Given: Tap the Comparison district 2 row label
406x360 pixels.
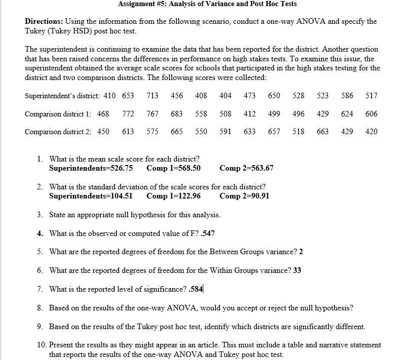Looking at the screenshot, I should [58, 132].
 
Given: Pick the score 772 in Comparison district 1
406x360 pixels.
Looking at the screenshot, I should [128, 114].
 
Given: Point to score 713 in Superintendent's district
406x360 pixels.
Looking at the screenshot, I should [152, 96].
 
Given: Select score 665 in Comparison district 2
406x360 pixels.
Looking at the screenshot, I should [177, 132].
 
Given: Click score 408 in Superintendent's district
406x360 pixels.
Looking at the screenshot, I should [201, 96].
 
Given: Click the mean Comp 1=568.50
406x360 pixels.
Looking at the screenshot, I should [173, 168].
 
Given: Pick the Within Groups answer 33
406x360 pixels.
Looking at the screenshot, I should [298, 270].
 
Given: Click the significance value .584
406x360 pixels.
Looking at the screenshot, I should [195, 289].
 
